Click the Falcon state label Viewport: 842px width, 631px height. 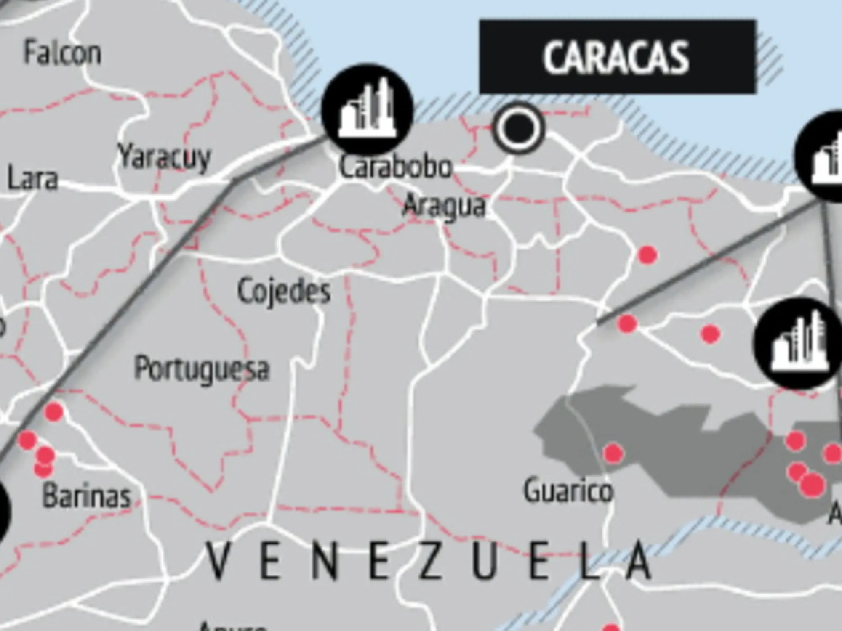pos(62,53)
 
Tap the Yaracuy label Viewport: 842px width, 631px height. pos(164,157)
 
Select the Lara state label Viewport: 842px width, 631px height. pos(32,178)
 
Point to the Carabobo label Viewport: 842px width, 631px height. pos(395,167)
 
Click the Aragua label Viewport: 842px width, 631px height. pos(445,206)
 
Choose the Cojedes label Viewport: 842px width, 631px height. pos(284,291)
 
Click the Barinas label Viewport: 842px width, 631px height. pos(87,496)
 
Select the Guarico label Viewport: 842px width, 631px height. pos(568,490)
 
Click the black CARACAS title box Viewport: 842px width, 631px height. pos(617,57)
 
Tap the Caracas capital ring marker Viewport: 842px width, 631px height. pos(517,128)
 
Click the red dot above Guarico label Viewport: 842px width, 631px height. pos(613,453)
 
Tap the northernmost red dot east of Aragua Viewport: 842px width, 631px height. pos(647,255)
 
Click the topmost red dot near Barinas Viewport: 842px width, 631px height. pos(54,411)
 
